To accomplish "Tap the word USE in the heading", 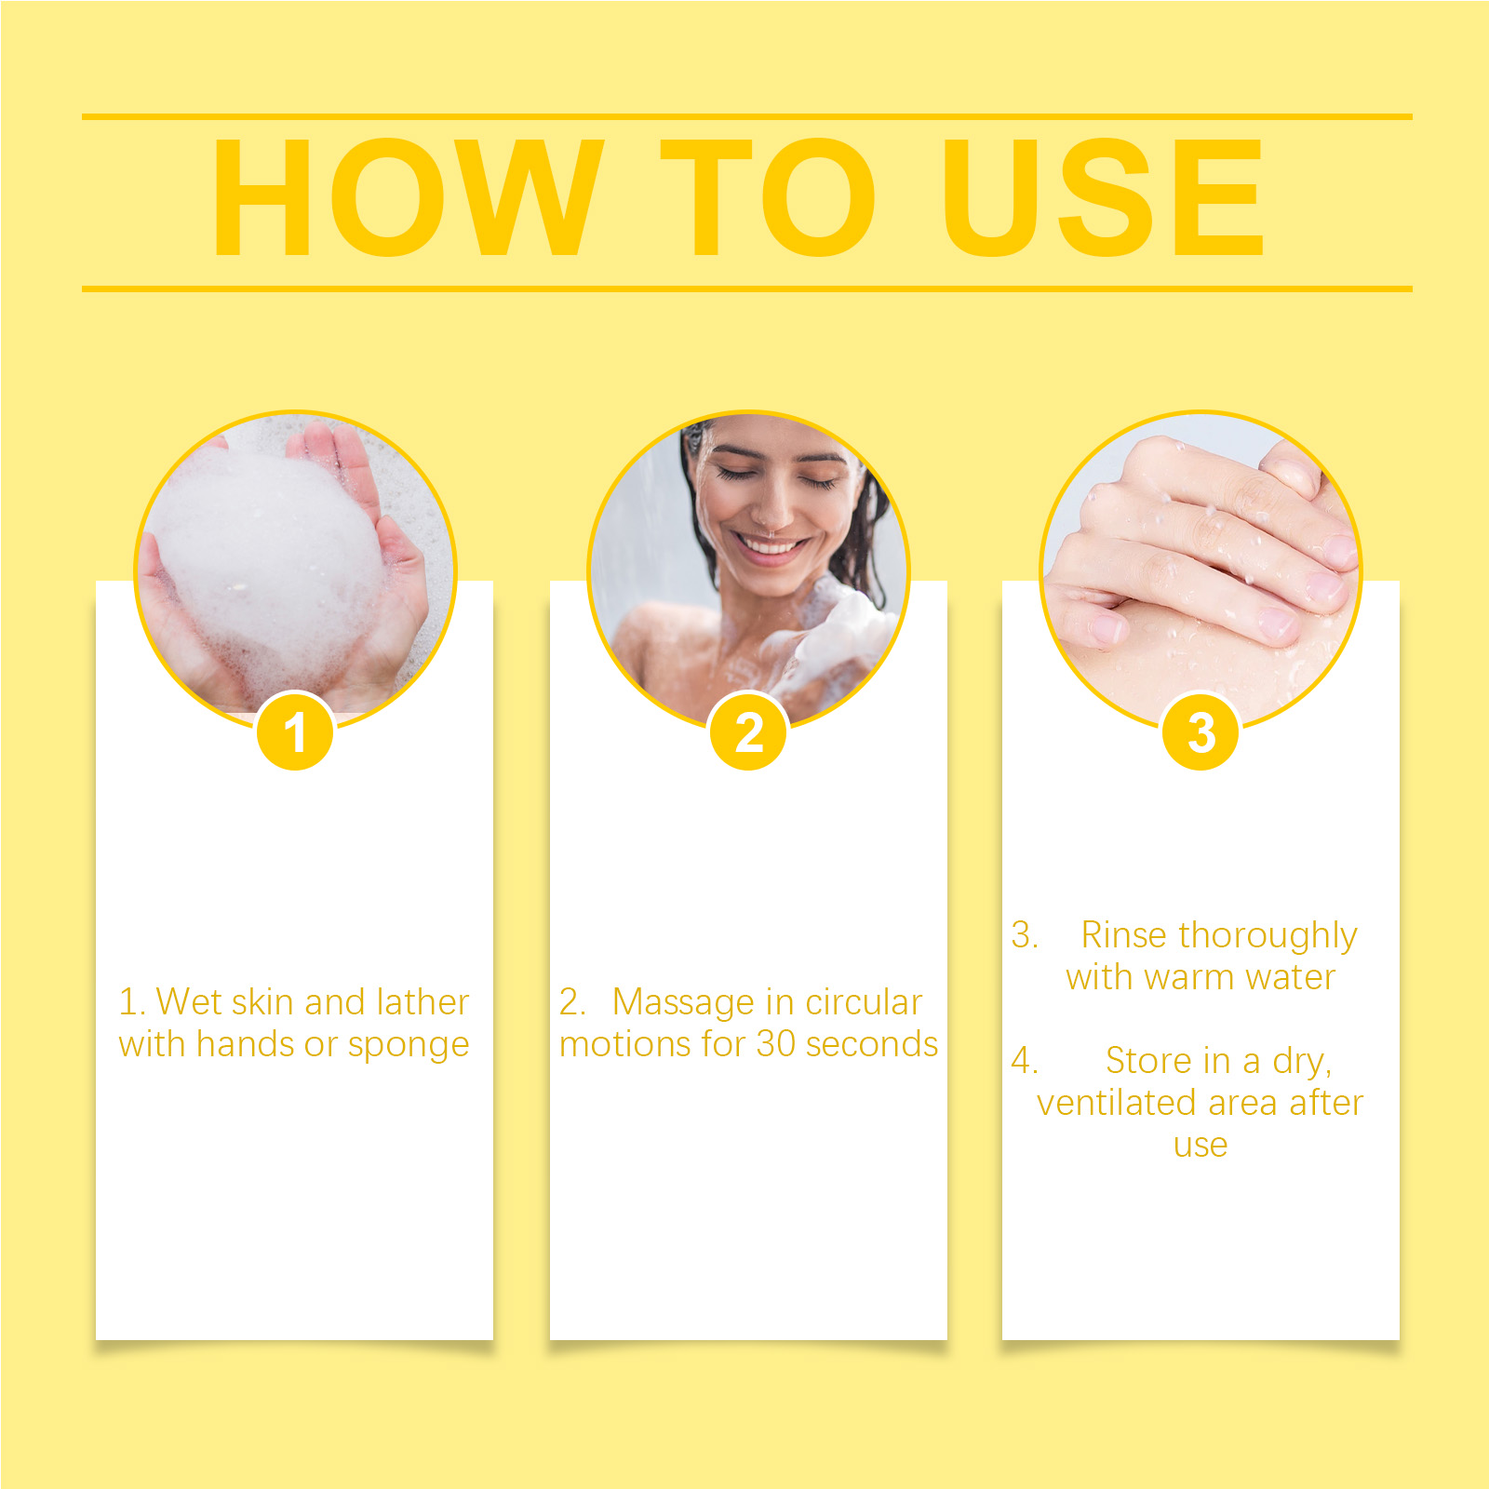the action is [x=1103, y=197].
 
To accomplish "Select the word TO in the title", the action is [x=768, y=197].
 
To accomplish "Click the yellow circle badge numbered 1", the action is [x=295, y=732].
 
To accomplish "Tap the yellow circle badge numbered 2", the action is [x=748, y=732].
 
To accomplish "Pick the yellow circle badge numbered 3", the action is [x=1201, y=732].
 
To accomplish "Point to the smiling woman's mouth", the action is [x=770, y=544].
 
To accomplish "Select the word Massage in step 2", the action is [x=683, y=1003].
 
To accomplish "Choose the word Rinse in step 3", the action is [x=1123, y=934].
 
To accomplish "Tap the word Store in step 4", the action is [x=1150, y=1060].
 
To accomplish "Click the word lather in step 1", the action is [x=423, y=1001].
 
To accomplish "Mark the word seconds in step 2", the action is [x=872, y=1044].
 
